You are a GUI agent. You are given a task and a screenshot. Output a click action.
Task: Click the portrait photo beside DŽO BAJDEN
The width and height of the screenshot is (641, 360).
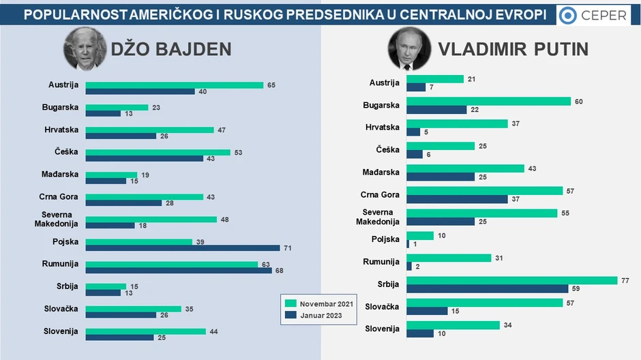coord(85,48)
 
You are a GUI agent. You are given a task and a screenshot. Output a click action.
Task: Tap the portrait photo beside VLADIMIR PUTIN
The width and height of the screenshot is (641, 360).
coord(410,48)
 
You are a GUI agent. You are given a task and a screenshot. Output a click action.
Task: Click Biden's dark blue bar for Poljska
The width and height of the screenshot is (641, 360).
coord(183,248)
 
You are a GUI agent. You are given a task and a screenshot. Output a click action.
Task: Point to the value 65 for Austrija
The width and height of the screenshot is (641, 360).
coord(271,85)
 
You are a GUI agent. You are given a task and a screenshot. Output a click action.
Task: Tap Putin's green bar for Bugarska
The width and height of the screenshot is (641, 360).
coord(488,101)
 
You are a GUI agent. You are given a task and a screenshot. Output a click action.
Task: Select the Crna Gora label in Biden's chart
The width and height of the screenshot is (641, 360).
coord(59,197)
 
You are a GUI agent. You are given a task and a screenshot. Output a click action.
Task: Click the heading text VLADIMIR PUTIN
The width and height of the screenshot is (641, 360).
coord(513,49)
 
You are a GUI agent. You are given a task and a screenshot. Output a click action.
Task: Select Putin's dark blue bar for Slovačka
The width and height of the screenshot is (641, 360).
coord(427,311)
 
